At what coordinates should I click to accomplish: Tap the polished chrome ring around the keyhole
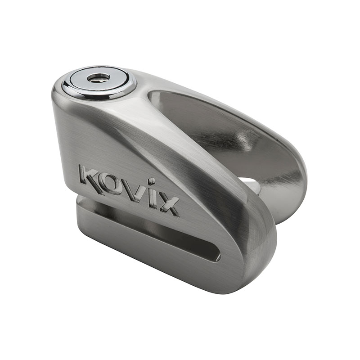click(x=67, y=85)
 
